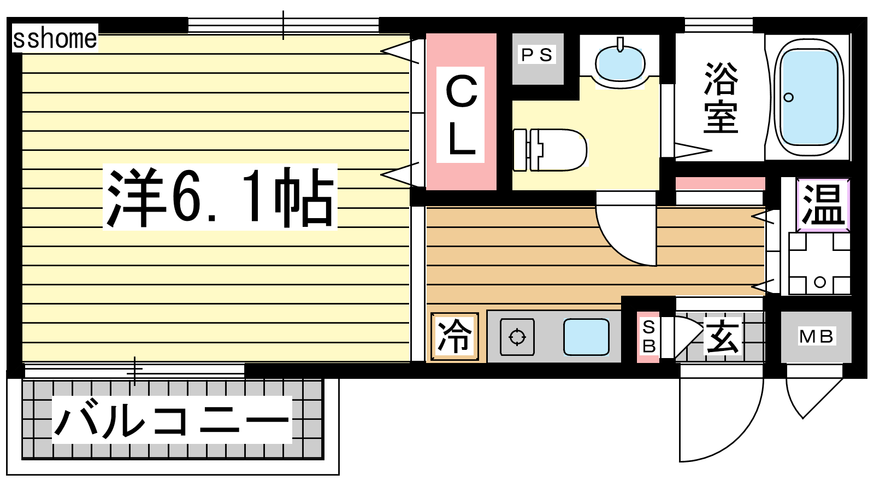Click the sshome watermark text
pos(55,39)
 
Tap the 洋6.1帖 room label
pos(220,197)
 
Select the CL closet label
pos(461,115)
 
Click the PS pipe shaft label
pos(538,55)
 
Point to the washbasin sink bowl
pos(620,64)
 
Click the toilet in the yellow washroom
pos(550,150)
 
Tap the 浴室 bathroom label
pos(721,98)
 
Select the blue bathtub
pos(809,98)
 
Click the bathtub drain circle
pos(789,97)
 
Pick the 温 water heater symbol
pos(823,204)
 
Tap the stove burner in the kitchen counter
pos(517,337)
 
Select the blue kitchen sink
pos(586,337)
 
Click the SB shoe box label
pos(648,337)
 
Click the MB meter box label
pos(816,337)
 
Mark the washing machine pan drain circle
pos(820,282)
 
